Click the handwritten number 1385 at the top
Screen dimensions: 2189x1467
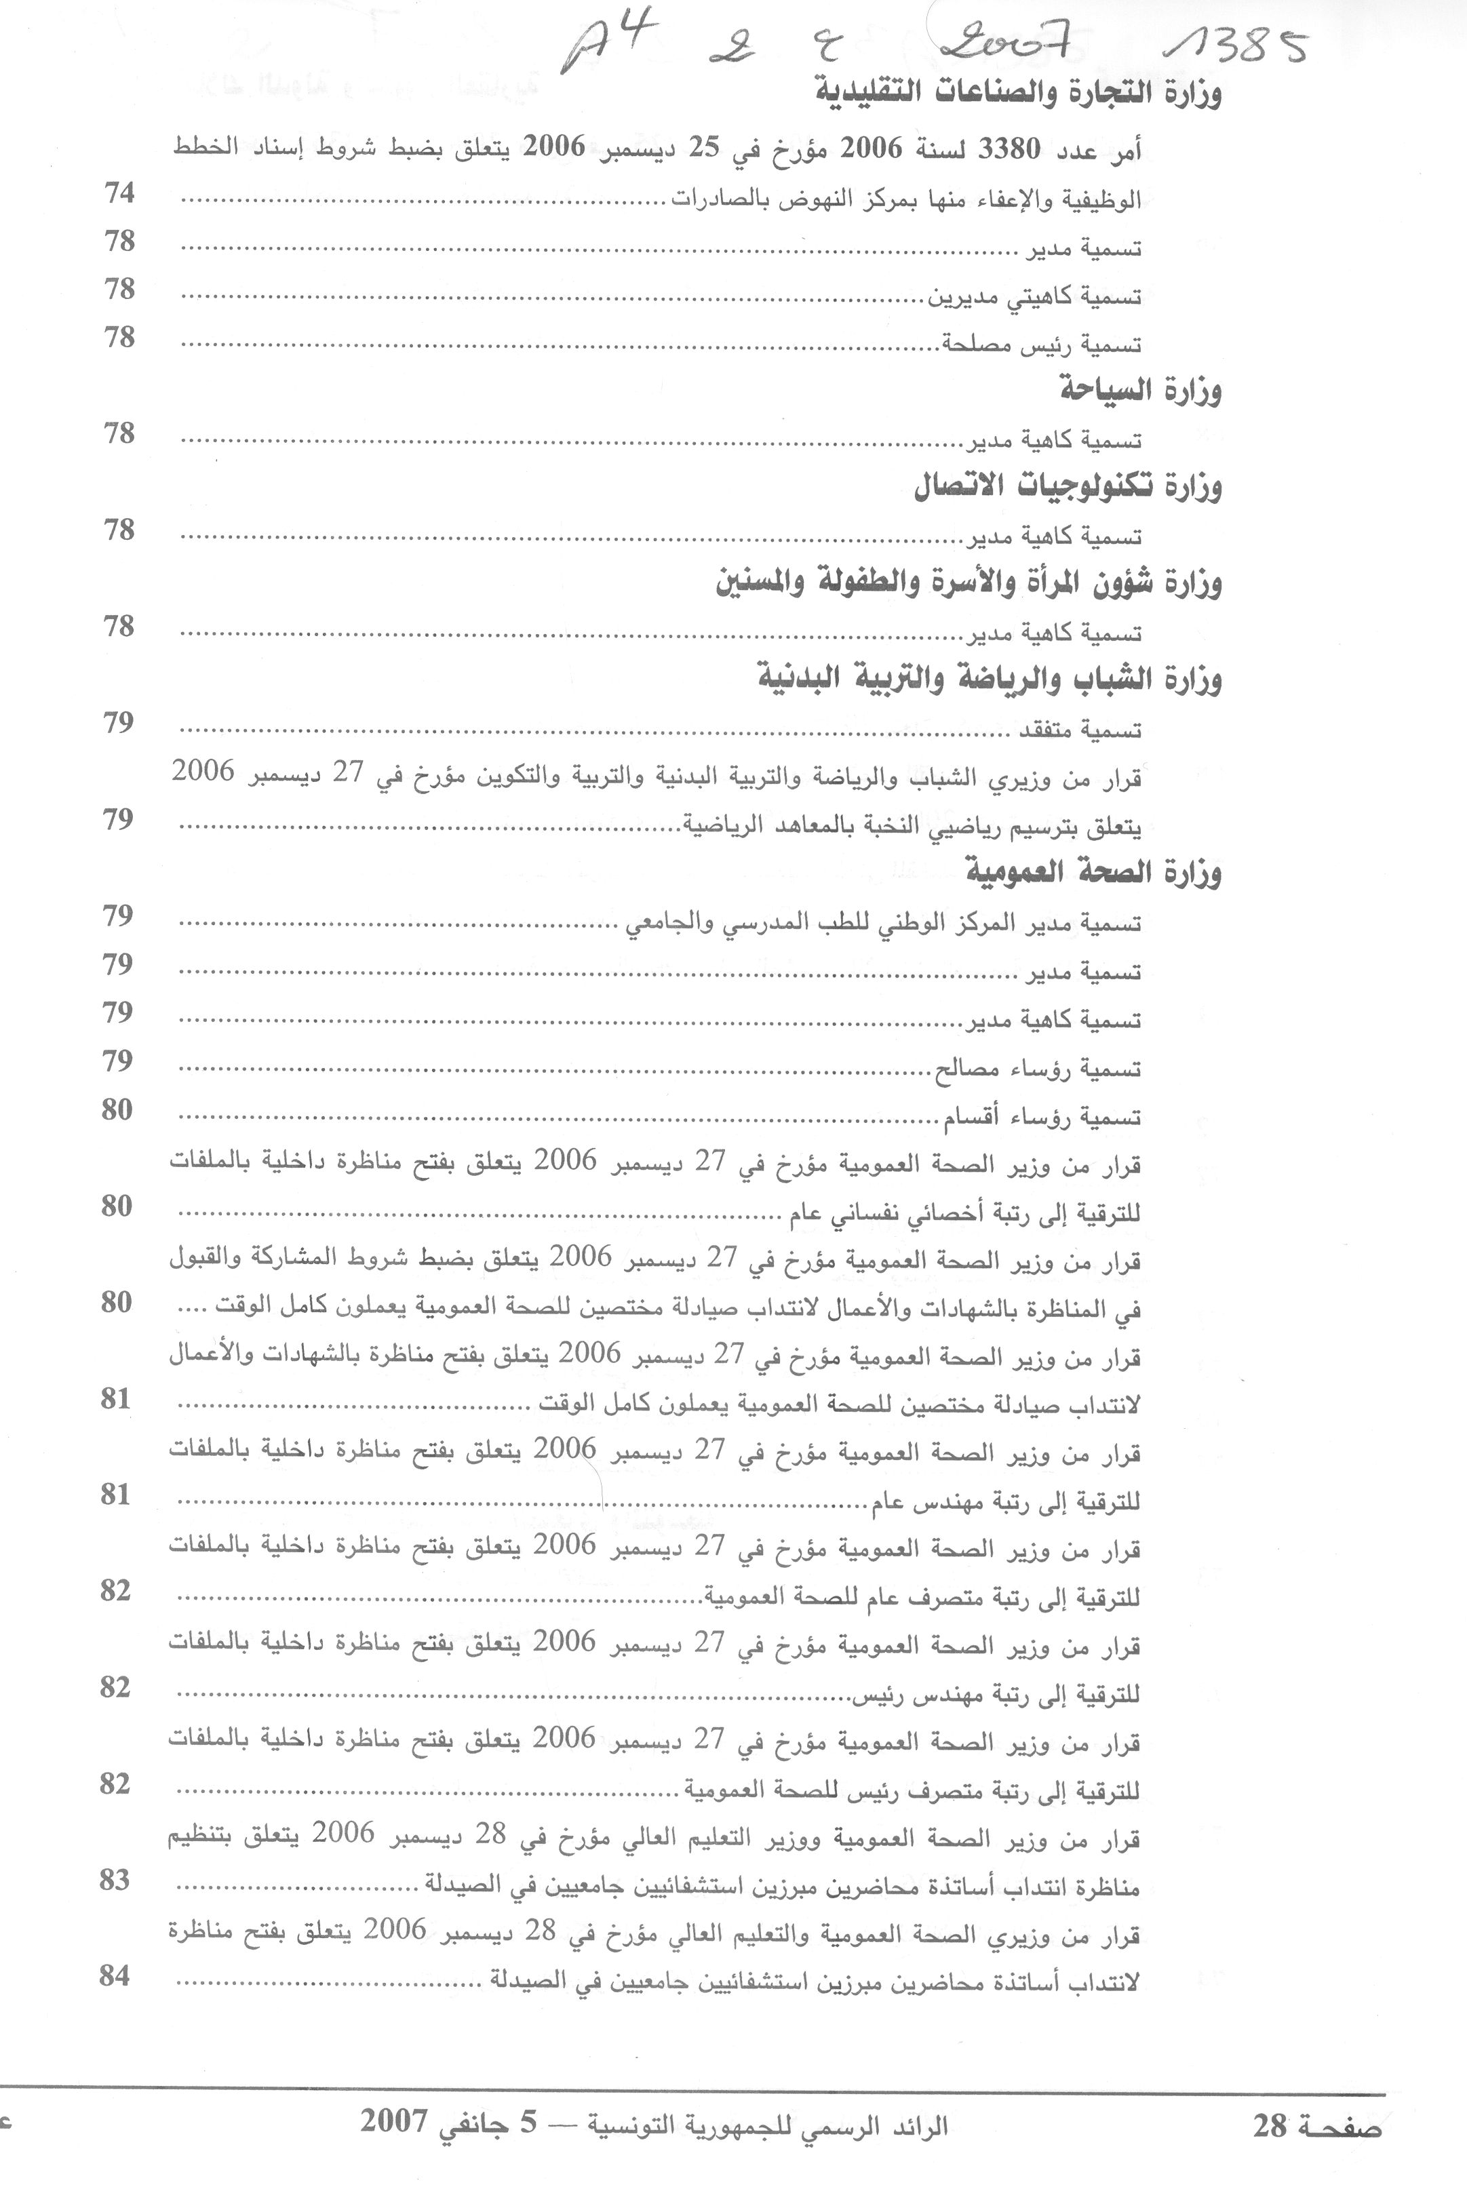click(1238, 44)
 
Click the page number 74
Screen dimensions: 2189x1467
click(120, 194)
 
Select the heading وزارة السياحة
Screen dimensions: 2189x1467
click(1141, 390)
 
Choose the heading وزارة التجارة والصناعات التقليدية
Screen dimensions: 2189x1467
click(1018, 94)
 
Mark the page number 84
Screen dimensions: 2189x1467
click(114, 1975)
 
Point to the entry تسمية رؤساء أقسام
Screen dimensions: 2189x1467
click(1041, 1116)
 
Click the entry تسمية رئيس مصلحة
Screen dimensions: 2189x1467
click(1040, 345)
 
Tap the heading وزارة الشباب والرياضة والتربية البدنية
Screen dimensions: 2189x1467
click(989, 680)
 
